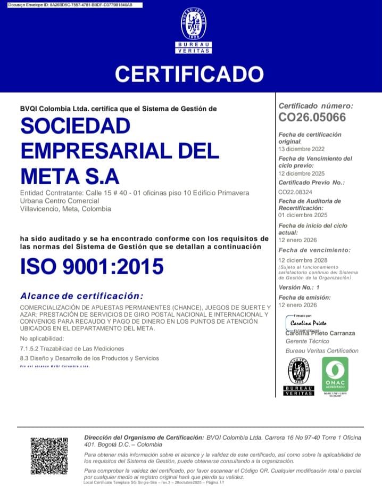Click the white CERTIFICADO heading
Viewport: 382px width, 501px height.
189,73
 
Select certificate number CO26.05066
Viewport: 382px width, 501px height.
312,117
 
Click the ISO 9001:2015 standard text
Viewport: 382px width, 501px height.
92,266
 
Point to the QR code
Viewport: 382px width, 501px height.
49,455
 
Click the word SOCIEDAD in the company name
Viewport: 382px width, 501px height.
75,126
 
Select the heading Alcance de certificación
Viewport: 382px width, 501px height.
81,296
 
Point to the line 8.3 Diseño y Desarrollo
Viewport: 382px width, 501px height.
89,358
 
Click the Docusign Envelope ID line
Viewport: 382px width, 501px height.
71,4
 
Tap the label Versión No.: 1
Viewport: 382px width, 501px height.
298,287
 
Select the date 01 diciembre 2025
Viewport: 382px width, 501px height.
303,216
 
